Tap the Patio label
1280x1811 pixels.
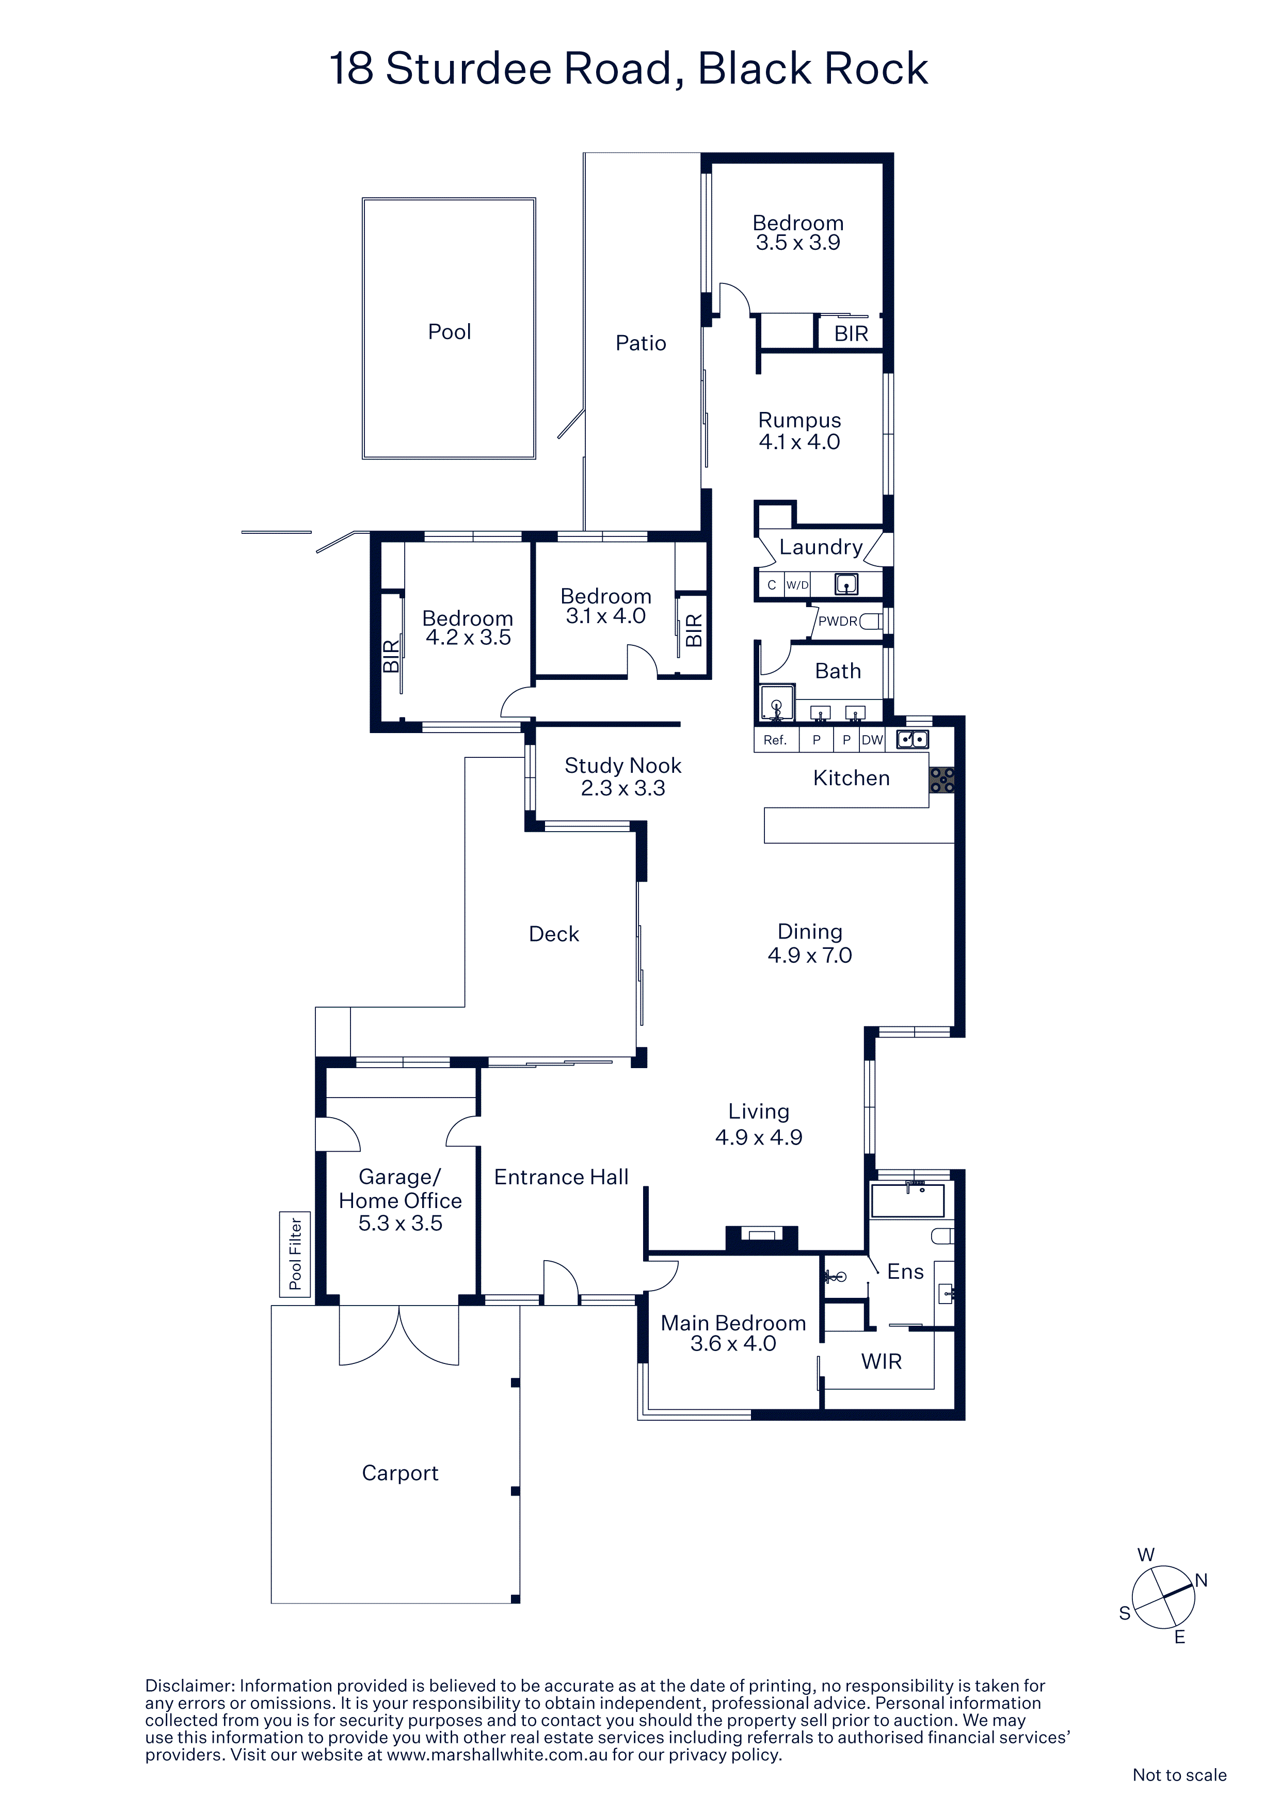click(641, 343)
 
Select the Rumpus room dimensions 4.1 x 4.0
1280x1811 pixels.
click(799, 442)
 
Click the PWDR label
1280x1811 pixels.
click(838, 622)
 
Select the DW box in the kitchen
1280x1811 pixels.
click(872, 740)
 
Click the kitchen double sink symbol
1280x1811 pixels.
click(913, 739)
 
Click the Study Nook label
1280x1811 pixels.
click(622, 766)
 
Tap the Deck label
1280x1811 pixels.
click(554, 935)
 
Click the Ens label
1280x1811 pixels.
click(905, 1272)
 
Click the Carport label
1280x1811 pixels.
click(400, 1473)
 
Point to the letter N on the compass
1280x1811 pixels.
click(1201, 1580)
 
